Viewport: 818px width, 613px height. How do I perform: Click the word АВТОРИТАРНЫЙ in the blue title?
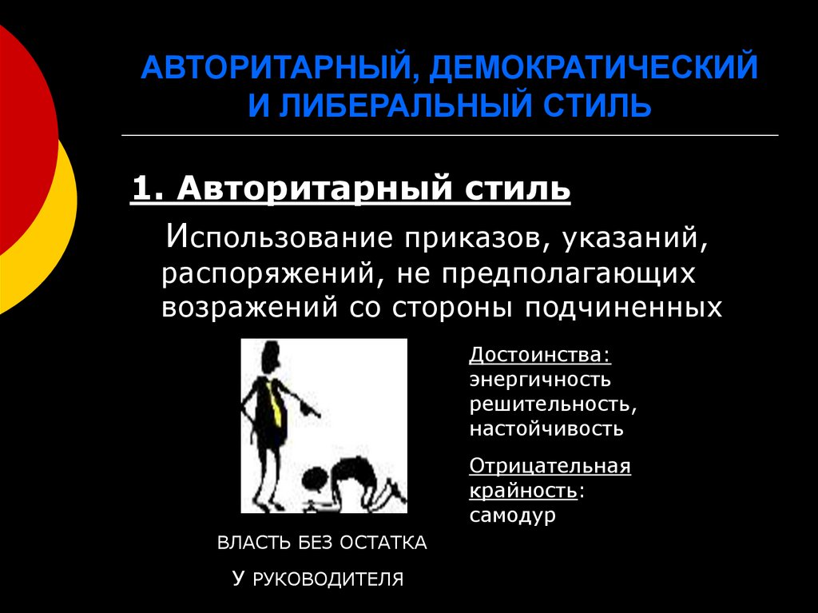click(272, 68)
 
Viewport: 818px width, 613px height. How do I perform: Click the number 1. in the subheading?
click(149, 190)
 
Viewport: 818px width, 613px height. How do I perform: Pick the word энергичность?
click(540, 379)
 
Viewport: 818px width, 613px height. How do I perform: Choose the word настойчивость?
click(546, 428)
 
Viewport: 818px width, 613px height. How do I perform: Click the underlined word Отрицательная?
click(550, 466)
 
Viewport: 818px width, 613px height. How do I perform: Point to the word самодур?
click(512, 515)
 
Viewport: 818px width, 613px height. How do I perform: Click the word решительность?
click(553, 404)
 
